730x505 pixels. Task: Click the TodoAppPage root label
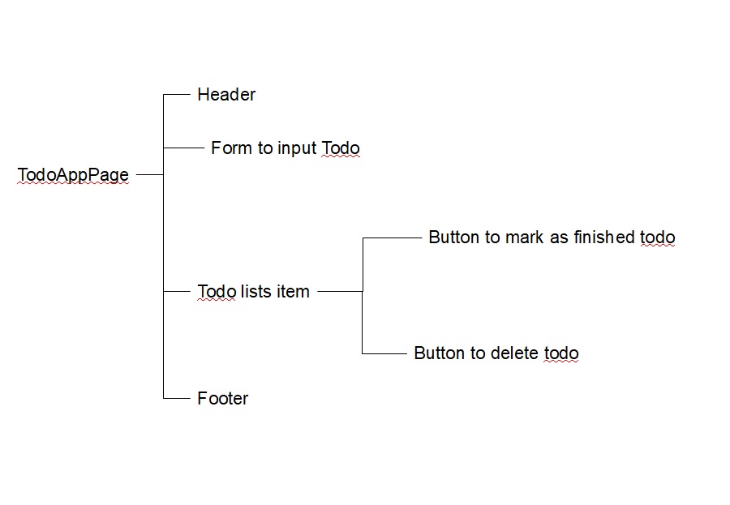click(73, 175)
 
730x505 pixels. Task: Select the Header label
click(226, 95)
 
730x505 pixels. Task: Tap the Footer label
click(222, 399)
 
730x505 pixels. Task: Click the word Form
click(230, 148)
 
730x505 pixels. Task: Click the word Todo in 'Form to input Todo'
click(340, 148)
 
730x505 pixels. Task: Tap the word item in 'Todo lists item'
click(293, 292)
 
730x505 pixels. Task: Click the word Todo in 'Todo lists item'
click(216, 292)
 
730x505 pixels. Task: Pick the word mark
click(524, 238)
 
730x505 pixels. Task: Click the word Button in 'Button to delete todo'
click(439, 353)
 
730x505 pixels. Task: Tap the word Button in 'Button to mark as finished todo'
click(453, 238)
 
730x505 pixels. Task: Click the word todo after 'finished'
click(658, 238)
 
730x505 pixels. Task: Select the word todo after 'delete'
click(560, 353)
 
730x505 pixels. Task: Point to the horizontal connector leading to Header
click(176, 95)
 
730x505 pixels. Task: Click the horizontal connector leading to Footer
click(176, 399)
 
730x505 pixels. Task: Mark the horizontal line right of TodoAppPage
click(149, 174)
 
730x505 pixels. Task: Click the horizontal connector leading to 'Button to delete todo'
click(384, 353)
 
